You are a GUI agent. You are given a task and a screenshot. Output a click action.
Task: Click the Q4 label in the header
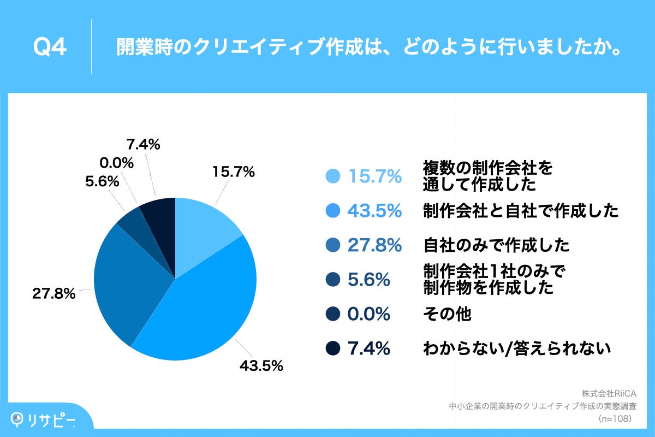coord(50,47)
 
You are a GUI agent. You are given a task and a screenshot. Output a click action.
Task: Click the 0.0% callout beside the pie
coord(117,162)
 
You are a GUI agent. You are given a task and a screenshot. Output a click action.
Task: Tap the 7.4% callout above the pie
coord(143,145)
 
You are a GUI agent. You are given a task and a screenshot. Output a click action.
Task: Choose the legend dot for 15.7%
coord(332,176)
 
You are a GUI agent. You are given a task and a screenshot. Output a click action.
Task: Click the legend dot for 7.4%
coord(332,348)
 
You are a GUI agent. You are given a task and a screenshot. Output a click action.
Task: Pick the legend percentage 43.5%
coord(374,211)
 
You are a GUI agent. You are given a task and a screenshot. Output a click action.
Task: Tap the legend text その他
coord(446,314)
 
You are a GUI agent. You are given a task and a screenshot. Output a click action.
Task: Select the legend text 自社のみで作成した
coord(496,245)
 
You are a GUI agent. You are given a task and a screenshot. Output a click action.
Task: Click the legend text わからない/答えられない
coord(516,348)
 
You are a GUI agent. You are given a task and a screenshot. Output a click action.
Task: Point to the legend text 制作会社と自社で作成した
coord(521,211)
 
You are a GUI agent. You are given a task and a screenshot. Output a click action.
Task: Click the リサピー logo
coord(44,419)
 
